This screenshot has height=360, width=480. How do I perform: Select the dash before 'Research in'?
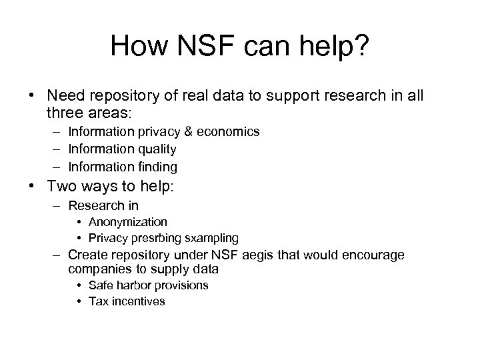click(54, 205)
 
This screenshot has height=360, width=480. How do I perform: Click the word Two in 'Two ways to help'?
click(60, 189)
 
